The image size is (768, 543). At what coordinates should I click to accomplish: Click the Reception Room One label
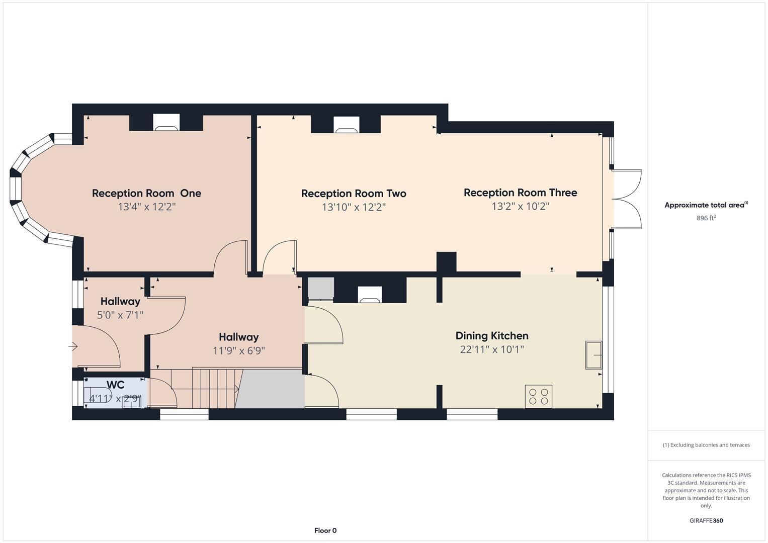[x=146, y=193]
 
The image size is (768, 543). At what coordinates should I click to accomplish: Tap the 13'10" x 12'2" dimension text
[x=354, y=207]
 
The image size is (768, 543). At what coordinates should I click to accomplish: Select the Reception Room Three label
[x=520, y=193]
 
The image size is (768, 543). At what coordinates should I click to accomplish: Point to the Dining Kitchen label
[x=491, y=336]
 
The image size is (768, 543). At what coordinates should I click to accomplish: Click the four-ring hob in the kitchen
[x=539, y=396]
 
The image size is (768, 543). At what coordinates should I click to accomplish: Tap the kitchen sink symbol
[x=593, y=355]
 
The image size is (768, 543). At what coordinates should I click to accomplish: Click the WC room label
[x=116, y=385]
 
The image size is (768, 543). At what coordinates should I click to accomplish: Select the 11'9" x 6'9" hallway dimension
[x=239, y=350]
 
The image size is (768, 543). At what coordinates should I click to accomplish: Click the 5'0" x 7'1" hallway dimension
[x=120, y=315]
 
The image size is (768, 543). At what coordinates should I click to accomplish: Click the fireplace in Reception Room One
[x=166, y=123]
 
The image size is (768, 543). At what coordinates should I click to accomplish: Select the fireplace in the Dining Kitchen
[x=370, y=295]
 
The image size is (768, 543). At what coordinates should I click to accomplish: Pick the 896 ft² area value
[x=706, y=218]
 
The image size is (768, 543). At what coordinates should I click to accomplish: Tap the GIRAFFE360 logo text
[x=706, y=521]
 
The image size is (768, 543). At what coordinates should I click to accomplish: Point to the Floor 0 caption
[x=325, y=530]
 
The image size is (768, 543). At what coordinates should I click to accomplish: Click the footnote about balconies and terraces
[x=706, y=445]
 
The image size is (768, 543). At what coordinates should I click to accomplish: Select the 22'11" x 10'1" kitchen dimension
[x=491, y=349]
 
